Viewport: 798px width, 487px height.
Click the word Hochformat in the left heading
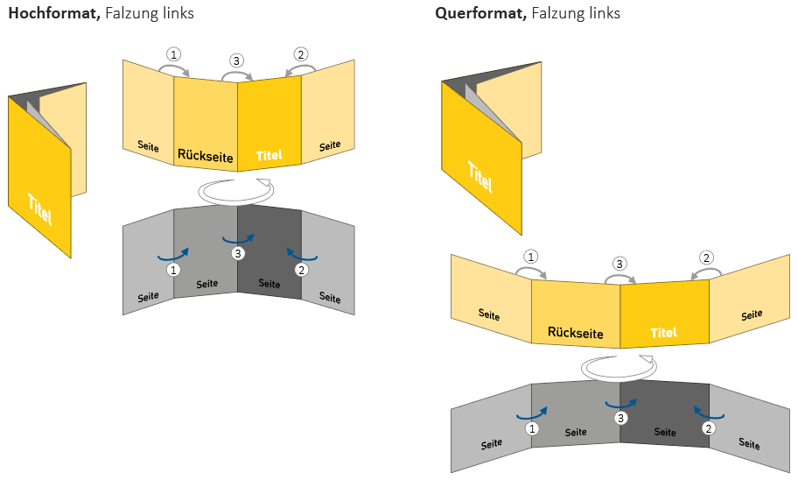pos(53,13)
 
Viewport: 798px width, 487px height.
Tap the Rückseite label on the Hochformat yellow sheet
pos(206,157)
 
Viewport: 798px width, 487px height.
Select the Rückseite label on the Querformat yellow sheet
pos(576,332)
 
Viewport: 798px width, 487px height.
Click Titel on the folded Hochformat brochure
pos(38,208)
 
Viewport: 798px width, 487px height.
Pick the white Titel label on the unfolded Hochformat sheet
pos(269,156)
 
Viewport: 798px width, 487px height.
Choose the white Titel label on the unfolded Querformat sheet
pos(664,333)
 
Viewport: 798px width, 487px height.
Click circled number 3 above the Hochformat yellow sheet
pos(237,60)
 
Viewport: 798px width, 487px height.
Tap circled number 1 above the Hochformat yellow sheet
pos(174,54)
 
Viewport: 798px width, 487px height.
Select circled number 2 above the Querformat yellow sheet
pos(707,258)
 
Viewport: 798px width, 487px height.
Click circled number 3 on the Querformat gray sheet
pos(620,418)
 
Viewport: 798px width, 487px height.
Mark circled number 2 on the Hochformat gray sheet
pos(302,270)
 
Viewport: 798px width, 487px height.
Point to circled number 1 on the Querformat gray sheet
pos(531,428)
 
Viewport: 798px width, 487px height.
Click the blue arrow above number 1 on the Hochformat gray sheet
pos(172,254)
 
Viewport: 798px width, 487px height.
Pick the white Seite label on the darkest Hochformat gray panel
pos(269,284)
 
